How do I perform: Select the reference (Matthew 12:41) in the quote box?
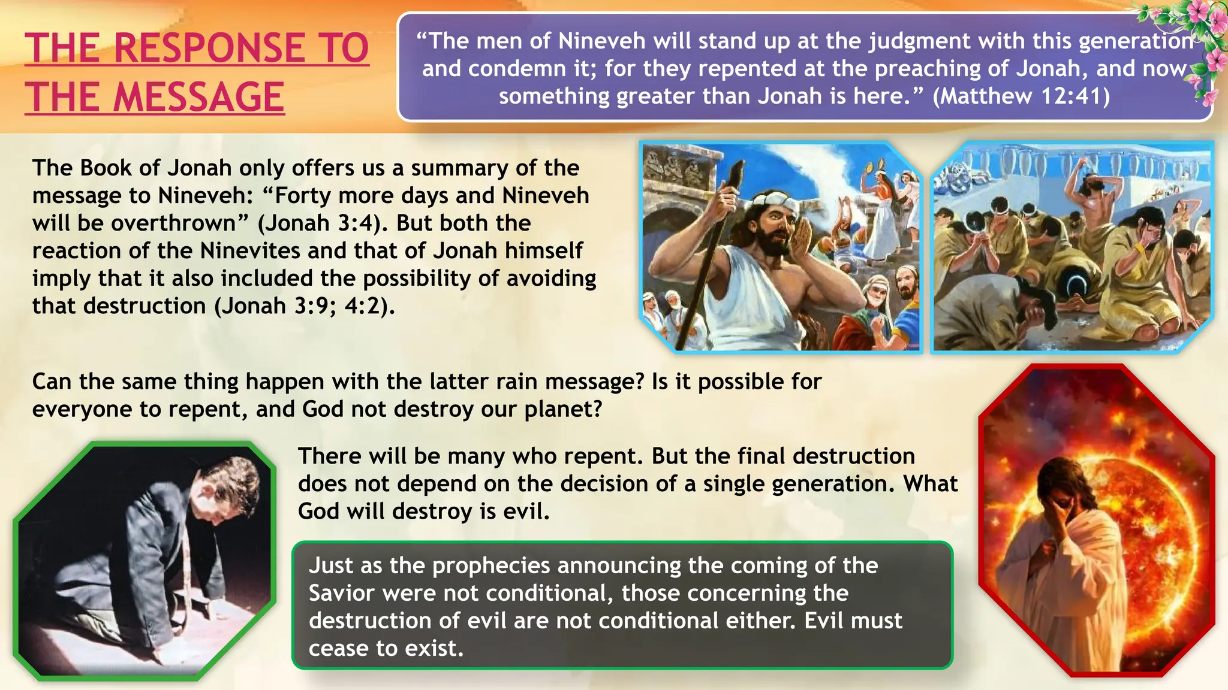pos(1021,96)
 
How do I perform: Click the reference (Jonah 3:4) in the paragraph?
pos(319,223)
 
